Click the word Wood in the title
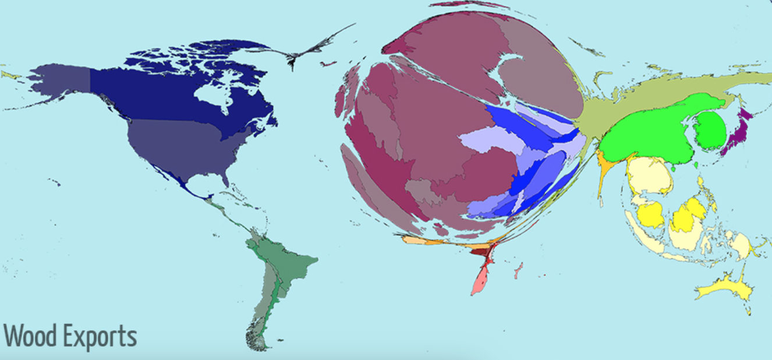pos(30,336)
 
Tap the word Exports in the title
pos(98,336)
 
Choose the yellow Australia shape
pos(722,288)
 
